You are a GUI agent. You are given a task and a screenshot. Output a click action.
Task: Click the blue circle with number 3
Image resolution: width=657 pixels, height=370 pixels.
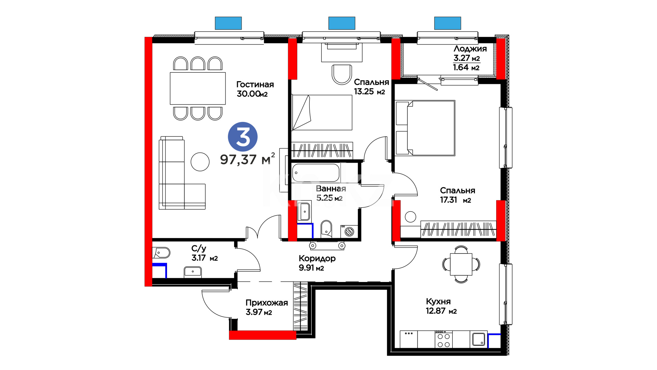243,137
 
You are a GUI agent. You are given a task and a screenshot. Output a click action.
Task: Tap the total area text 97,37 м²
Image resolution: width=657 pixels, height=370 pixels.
247,159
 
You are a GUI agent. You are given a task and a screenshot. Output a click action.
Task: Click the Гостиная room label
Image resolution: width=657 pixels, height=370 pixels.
255,84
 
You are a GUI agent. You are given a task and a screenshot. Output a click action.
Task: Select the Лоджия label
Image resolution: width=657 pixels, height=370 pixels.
470,49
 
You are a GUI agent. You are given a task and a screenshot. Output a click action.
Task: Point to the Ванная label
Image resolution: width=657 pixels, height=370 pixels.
331,188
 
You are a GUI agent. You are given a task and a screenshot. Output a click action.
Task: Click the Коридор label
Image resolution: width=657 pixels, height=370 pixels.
317,259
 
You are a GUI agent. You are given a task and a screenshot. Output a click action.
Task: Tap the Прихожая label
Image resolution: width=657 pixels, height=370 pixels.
267,303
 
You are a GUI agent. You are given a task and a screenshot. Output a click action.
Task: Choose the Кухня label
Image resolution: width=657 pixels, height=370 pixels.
438,301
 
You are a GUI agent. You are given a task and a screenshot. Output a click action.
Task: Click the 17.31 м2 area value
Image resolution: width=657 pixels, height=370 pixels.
455,200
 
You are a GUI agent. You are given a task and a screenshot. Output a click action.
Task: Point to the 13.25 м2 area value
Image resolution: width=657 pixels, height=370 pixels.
369,91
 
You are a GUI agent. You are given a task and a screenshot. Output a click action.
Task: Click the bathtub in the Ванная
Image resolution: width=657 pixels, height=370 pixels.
316,173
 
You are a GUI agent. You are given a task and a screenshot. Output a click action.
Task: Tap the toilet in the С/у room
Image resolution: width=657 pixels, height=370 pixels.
161,253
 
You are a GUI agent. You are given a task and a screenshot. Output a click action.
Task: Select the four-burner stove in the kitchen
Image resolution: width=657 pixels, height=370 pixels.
443,339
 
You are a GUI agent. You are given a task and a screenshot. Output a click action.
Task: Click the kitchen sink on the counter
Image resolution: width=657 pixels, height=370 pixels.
479,339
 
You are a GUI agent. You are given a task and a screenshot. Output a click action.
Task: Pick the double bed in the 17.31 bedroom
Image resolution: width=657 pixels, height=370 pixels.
425,128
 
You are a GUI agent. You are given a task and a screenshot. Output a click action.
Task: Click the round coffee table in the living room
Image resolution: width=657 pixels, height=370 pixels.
200,162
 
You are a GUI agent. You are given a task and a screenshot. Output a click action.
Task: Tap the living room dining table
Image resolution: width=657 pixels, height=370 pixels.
198,88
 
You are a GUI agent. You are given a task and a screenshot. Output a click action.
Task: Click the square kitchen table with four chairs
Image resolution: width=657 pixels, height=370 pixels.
461,264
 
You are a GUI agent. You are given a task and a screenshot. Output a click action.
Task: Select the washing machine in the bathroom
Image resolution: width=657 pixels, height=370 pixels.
349,232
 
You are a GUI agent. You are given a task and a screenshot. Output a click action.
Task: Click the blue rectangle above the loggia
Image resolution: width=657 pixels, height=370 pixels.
448,23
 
